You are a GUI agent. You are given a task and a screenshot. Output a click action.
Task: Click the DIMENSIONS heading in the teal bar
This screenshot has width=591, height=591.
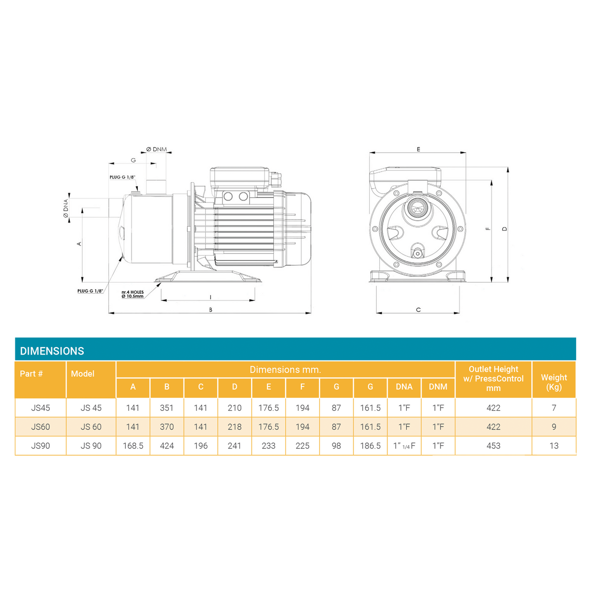pyautogui.click(x=52, y=351)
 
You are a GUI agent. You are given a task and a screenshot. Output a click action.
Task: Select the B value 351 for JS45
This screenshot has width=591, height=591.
pyautogui.click(x=166, y=408)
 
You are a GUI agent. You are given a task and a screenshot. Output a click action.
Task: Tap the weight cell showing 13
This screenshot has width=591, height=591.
pyautogui.click(x=554, y=446)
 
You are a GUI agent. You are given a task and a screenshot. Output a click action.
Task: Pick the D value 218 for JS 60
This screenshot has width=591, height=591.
pyautogui.click(x=234, y=427)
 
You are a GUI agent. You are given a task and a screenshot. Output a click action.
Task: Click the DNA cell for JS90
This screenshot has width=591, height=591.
pyautogui.click(x=404, y=446)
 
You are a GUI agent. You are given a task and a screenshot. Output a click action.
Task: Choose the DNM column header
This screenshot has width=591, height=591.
pyautogui.click(x=438, y=387)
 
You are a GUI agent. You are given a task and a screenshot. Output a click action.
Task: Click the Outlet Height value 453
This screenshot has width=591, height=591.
pyautogui.click(x=493, y=446)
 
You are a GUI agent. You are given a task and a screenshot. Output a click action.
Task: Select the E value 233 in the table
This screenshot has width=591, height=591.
pyautogui.click(x=268, y=446)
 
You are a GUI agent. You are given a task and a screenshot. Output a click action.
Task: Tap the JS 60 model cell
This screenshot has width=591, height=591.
pyautogui.click(x=91, y=427)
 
